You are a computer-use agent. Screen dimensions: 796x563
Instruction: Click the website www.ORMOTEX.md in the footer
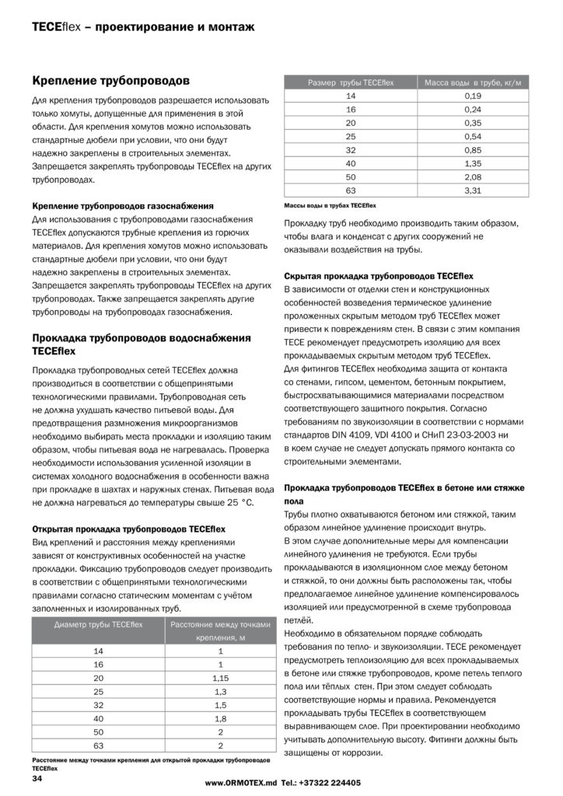click(x=241, y=783)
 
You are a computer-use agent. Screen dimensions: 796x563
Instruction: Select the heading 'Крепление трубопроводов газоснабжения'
click(x=123, y=206)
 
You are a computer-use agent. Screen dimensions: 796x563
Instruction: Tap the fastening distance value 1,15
click(x=219, y=678)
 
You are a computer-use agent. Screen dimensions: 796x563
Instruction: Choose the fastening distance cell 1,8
click(x=219, y=719)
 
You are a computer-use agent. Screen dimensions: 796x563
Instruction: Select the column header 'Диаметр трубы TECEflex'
click(x=97, y=625)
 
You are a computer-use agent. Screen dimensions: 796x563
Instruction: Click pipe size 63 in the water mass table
click(x=350, y=190)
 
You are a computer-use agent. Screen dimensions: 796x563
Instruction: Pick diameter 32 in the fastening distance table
click(x=98, y=705)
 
